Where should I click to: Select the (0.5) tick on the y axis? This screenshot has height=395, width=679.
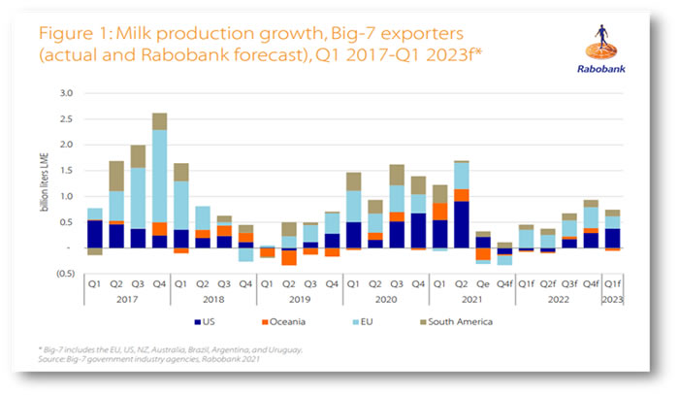[x=64, y=274]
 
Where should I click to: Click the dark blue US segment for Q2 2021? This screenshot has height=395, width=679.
[x=461, y=224]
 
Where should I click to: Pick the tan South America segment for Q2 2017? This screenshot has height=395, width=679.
[x=116, y=176]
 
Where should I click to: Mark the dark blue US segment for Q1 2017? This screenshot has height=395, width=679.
[x=95, y=234]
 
